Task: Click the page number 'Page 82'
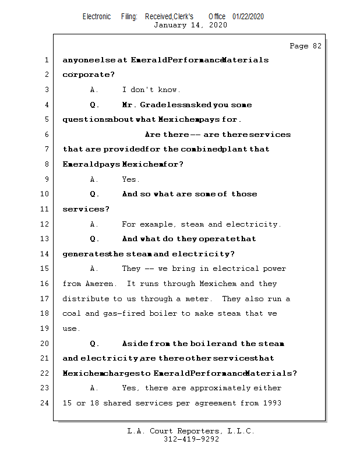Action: click(305, 46)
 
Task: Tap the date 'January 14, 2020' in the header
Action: click(190, 25)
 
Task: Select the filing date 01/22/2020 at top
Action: click(248, 16)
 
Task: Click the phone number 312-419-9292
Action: click(191, 439)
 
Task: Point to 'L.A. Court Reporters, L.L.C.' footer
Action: click(191, 431)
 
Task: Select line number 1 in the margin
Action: click(46, 60)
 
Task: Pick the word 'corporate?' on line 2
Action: click(89, 75)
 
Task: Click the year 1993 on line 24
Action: click(272, 403)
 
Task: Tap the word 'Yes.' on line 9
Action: click(130, 179)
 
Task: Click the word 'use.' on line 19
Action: click(72, 329)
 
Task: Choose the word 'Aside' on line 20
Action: click(135, 344)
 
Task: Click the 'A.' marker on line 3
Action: click(95, 90)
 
